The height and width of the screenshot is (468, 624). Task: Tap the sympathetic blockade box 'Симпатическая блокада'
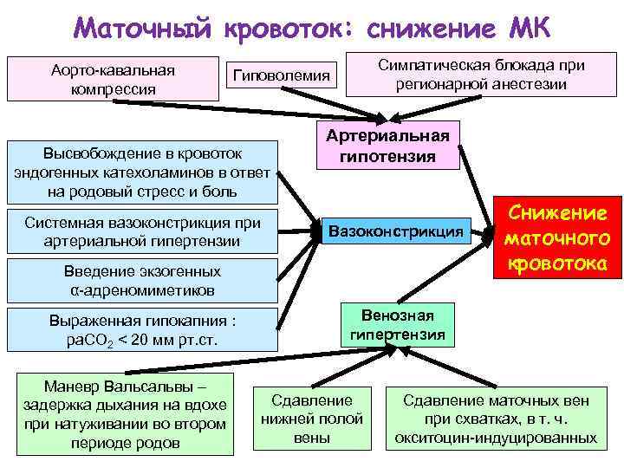point(482,75)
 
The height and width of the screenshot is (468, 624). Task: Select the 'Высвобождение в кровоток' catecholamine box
point(143,170)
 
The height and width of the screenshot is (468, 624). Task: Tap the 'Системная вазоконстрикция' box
point(143,231)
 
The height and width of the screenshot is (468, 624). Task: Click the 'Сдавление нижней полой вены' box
point(312,419)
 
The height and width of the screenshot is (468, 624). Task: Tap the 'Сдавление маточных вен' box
point(496,419)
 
